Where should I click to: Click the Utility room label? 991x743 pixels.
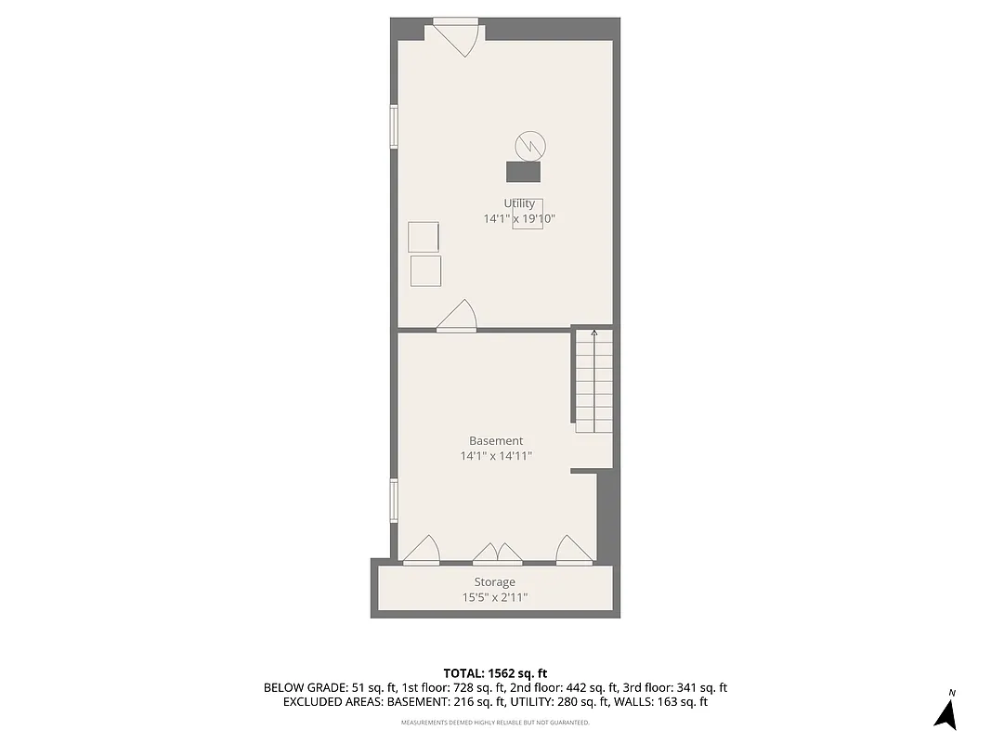[x=519, y=203]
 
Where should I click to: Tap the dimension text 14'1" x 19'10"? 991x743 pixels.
[x=519, y=219]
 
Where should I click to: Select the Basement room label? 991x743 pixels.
[x=496, y=440]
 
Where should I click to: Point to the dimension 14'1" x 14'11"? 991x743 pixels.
[x=496, y=456]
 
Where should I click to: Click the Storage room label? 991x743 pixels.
[x=495, y=582]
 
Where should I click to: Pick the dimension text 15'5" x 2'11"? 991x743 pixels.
[x=495, y=598]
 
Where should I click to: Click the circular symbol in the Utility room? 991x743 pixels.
[x=530, y=145]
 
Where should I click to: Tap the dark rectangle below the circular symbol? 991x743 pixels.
[x=523, y=171]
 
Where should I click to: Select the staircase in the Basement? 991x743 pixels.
[x=593, y=381]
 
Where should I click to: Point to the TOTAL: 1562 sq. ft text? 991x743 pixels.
[x=496, y=672]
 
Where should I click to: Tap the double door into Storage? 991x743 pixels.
[x=498, y=554]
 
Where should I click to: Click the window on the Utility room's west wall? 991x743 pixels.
[x=394, y=126]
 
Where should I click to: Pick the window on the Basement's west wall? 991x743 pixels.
[x=394, y=500]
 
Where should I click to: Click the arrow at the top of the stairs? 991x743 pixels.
[x=594, y=334]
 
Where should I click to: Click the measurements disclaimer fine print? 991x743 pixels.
[x=495, y=723]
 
